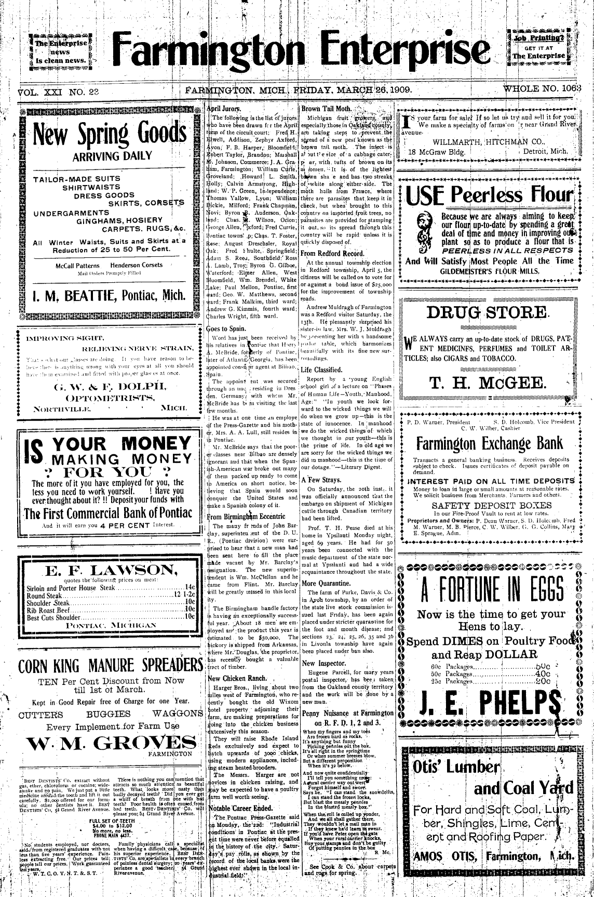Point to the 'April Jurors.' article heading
coord(224,109)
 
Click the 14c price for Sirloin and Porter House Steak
coord(190,588)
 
